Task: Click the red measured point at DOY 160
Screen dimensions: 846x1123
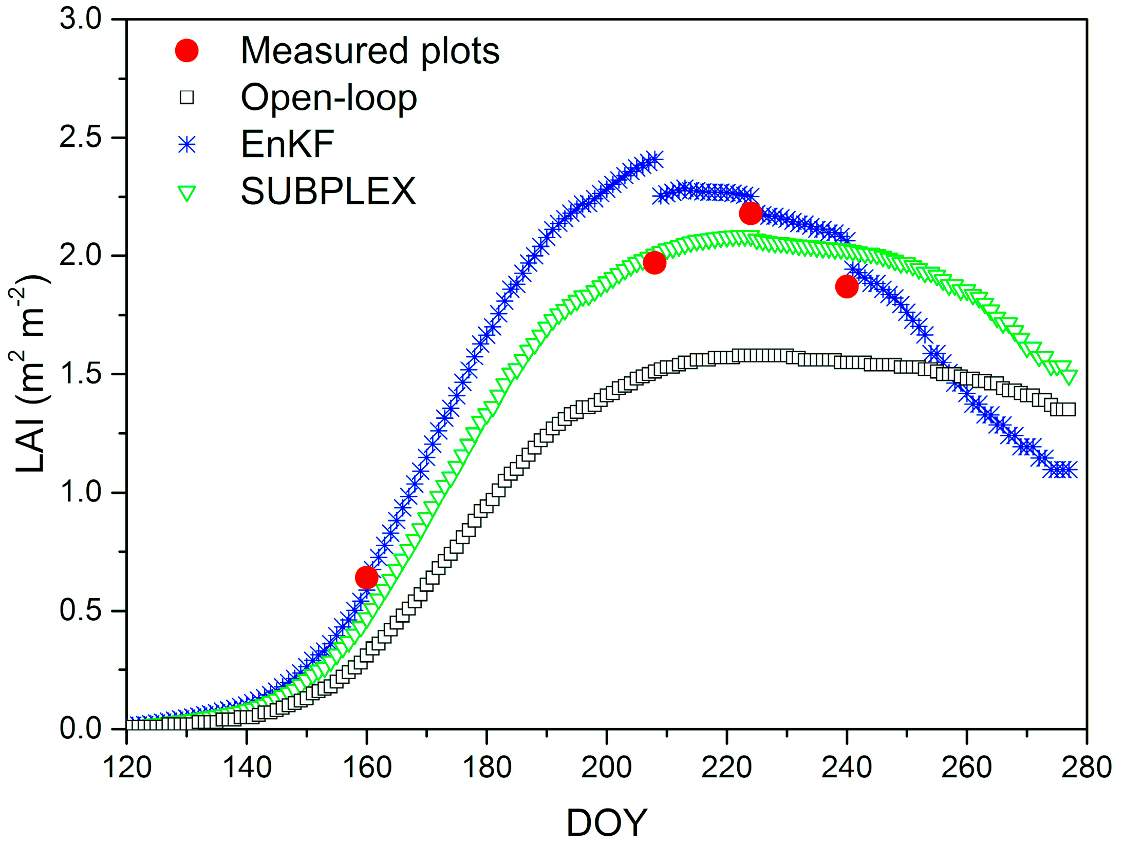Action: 366,578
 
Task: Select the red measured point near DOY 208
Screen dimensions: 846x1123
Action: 654,263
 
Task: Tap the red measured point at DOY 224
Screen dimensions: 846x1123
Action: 751,213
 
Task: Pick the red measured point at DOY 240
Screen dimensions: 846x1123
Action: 847,286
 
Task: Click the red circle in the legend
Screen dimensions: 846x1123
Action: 186,50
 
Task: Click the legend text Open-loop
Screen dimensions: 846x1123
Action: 329,98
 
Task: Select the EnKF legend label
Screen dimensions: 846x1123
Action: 287,144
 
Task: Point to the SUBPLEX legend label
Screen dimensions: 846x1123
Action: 328,191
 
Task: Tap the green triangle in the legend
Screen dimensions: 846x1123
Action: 186,194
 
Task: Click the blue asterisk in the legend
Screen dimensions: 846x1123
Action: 186,145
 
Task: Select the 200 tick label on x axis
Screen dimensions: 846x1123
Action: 606,767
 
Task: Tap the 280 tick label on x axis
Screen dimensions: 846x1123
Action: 1086,767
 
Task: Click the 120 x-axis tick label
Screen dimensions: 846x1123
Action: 127,767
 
